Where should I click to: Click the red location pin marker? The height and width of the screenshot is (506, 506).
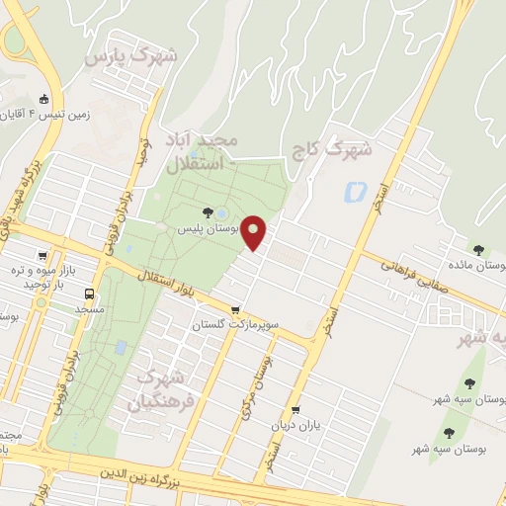(x=255, y=233)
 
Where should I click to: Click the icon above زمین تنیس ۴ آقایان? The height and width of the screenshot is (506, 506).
(x=44, y=100)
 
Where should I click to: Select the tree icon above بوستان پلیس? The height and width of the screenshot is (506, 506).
(x=208, y=211)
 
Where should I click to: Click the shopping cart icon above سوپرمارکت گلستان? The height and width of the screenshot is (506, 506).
(x=234, y=309)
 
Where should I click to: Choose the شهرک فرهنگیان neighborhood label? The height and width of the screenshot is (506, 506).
(x=156, y=389)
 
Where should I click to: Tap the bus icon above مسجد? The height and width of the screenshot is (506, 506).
(x=90, y=294)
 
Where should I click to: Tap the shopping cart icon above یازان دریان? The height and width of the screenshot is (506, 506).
(x=295, y=410)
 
